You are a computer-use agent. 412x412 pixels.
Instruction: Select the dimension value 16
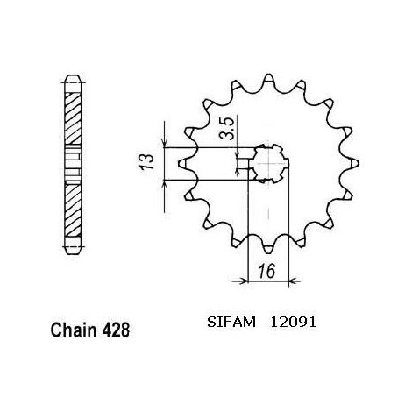pos(267,271)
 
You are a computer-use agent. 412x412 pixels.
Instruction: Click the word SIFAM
pos(231,323)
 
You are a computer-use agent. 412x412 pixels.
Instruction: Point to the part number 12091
pos(293,323)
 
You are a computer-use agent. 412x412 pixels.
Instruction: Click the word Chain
pos(74,330)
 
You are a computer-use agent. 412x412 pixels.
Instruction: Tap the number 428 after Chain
pos(116,330)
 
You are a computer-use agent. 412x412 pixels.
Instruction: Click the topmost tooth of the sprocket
pos(268,79)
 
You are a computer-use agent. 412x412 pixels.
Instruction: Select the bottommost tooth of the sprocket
pos(268,248)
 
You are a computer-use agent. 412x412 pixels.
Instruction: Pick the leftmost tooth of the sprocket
pos(183,163)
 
